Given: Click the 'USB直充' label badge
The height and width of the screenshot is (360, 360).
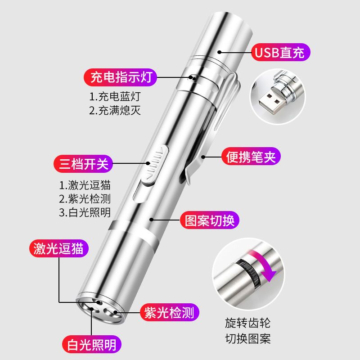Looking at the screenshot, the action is tap(280, 52).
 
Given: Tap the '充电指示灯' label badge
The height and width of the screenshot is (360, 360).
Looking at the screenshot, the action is tap(120, 77).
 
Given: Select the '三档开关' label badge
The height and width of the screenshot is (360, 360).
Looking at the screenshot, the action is tap(83, 164).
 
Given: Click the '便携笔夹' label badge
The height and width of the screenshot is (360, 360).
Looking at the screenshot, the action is tap(251, 156).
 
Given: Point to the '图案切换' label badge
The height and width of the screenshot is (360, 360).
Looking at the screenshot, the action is tap(209, 220).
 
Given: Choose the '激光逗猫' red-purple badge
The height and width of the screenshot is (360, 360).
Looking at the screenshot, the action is tap(59, 248).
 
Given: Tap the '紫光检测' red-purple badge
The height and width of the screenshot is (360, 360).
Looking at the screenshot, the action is tap(170, 312).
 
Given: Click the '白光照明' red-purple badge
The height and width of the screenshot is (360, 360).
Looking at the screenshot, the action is tap(92, 344).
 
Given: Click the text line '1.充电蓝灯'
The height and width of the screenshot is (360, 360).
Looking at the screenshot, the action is tap(115, 97).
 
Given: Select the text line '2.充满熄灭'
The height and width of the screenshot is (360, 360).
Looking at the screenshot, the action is tap(115, 110).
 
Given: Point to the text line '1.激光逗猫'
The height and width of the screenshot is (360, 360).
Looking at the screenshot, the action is tap(85, 185).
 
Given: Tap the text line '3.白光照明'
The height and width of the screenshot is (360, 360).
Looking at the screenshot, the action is tap(85, 212).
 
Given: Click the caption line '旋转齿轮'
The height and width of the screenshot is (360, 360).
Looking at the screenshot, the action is tap(248, 323).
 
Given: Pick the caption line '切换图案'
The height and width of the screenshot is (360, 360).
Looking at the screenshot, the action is tap(248, 338).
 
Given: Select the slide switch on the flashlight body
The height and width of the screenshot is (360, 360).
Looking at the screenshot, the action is tap(154, 164).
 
